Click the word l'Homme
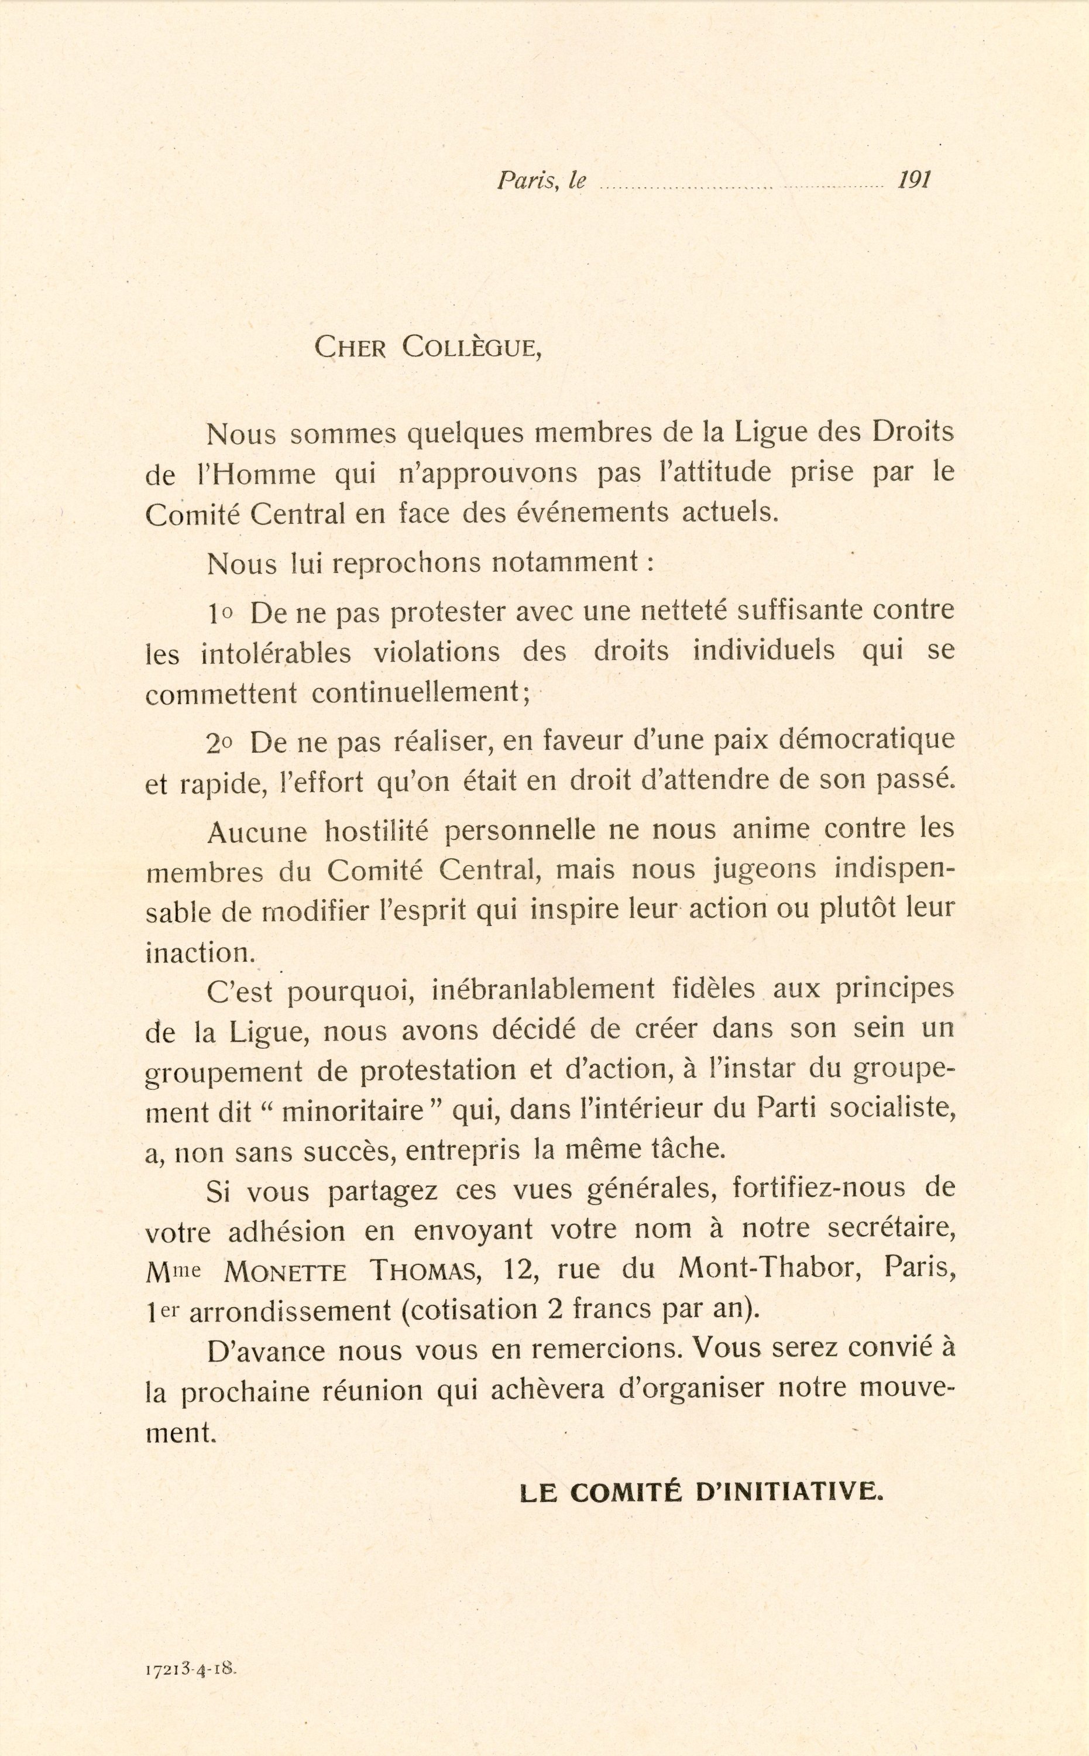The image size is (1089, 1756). tap(256, 475)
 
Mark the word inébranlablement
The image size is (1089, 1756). tap(543, 990)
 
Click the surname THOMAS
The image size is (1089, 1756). tap(424, 1271)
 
